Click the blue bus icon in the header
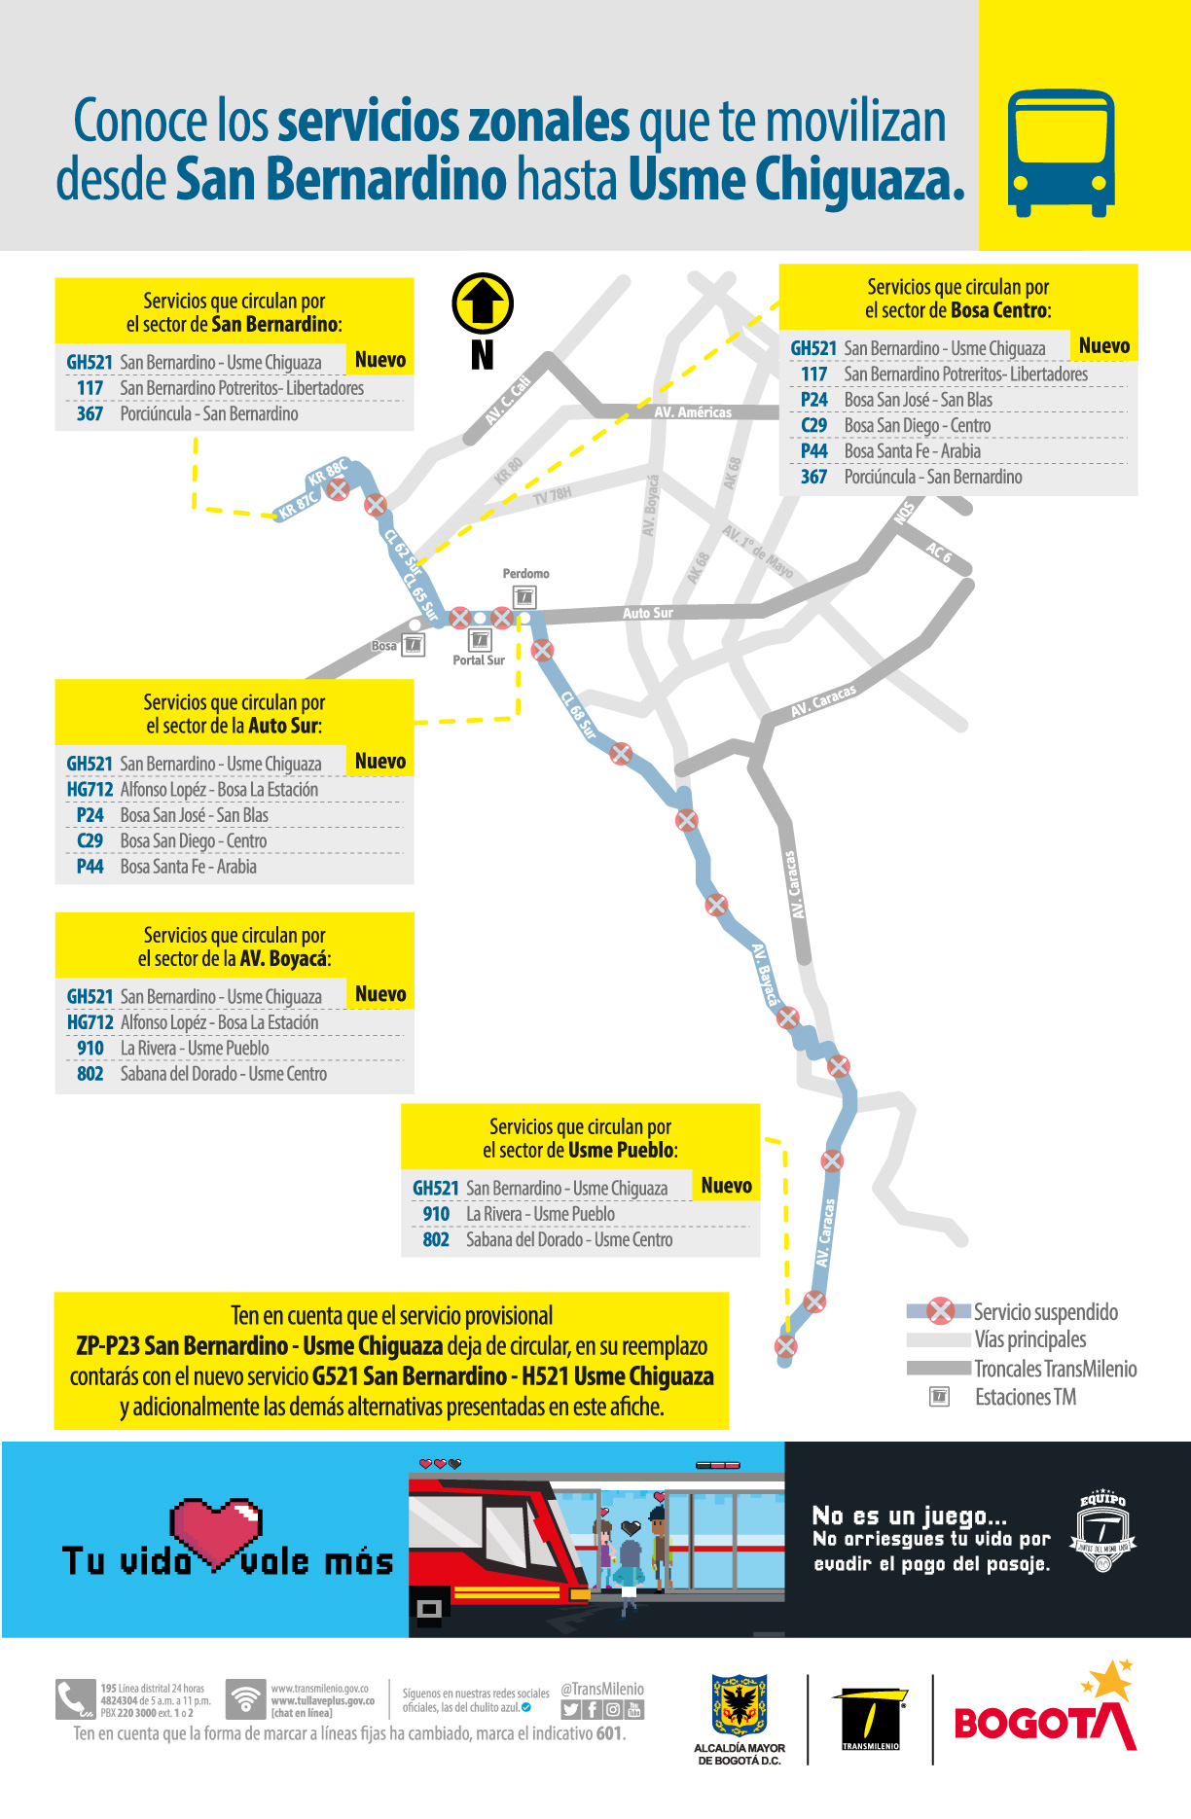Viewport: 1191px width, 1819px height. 1060,153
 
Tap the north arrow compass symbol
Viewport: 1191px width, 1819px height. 483,303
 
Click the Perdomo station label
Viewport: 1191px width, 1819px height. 525,574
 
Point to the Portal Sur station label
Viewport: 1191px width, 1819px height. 479,660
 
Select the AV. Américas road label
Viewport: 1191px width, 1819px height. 693,412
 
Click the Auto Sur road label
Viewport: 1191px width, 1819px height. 648,613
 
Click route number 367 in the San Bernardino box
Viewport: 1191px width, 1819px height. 90,413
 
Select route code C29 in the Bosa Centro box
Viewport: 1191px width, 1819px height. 813,425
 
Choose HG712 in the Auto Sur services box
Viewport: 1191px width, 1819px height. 90,789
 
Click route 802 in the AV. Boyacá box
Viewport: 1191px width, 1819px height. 90,1074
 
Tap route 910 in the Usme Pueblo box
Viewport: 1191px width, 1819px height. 436,1214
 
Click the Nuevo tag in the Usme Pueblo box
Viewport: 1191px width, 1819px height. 726,1186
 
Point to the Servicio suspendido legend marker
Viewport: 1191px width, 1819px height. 940,1311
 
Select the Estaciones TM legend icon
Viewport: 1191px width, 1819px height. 940,1397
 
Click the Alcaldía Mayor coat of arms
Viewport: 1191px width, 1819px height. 740,1705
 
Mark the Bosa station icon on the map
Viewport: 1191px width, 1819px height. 414,645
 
